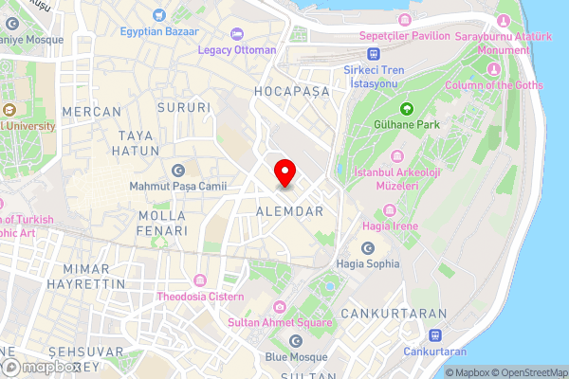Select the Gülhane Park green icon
(x=407, y=108)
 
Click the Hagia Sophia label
(x=368, y=263)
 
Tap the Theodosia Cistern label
(x=199, y=297)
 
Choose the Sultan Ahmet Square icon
(x=279, y=307)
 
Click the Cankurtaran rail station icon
(x=435, y=335)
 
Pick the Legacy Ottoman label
(x=237, y=49)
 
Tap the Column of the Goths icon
(x=492, y=71)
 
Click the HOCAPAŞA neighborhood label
(x=292, y=91)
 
